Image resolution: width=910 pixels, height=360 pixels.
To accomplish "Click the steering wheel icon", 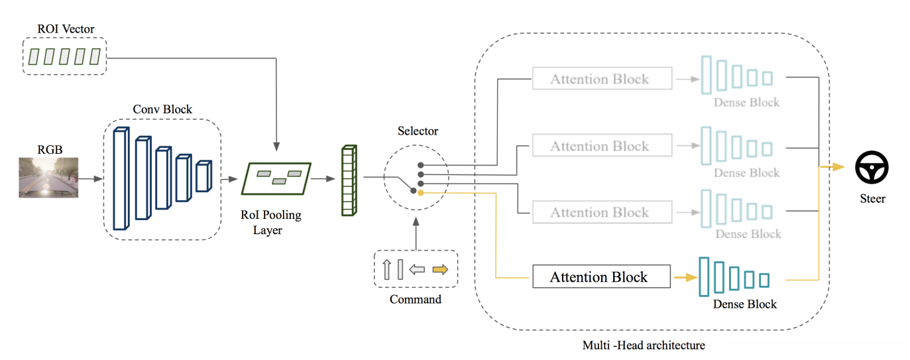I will click(872, 167).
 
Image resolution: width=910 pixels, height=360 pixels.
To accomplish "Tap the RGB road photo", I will click(48, 177).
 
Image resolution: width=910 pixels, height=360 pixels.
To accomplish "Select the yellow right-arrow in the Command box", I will click(439, 269).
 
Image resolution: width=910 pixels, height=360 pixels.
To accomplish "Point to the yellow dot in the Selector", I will click(420, 192).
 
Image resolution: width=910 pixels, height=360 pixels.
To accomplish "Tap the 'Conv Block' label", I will click(162, 109).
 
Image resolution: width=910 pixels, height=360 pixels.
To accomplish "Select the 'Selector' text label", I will click(418, 131).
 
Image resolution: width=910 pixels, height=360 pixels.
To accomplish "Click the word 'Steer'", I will click(872, 198).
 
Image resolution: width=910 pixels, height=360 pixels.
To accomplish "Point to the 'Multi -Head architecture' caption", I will click(644, 345).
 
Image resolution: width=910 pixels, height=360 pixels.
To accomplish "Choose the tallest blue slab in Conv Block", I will click(121, 178).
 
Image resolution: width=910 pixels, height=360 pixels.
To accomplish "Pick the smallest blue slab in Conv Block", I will click(203, 176).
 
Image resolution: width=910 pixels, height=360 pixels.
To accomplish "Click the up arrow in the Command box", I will click(387, 269).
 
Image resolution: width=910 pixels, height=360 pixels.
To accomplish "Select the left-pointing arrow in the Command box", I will click(417, 269).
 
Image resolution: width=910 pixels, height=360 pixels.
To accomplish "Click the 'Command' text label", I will click(416, 299).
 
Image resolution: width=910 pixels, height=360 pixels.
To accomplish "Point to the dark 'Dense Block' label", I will click(745, 304).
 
